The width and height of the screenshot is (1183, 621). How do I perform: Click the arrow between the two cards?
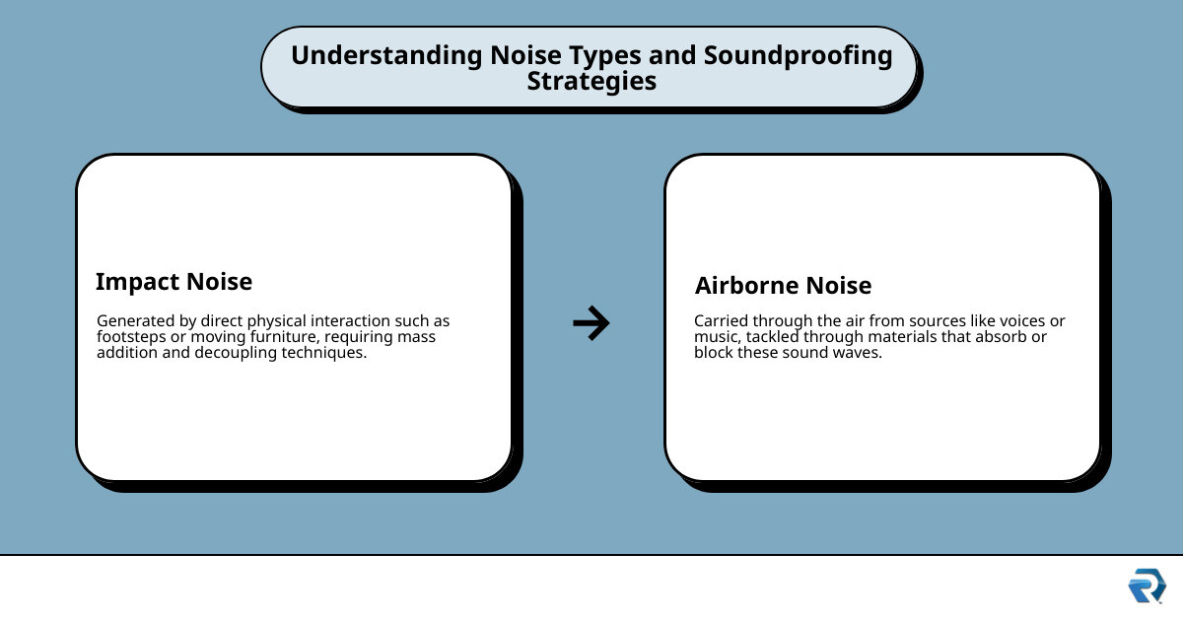[x=591, y=323]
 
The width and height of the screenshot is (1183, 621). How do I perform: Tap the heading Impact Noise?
[x=174, y=282]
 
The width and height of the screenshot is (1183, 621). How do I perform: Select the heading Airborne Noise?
[x=783, y=286]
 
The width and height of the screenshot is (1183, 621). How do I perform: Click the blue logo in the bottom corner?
[x=1147, y=586]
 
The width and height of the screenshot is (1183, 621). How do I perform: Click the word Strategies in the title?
[x=591, y=81]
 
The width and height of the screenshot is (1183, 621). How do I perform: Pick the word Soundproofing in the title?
[x=798, y=55]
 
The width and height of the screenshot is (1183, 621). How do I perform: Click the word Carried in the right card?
[x=722, y=321]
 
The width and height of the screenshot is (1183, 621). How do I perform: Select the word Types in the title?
[x=607, y=55]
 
